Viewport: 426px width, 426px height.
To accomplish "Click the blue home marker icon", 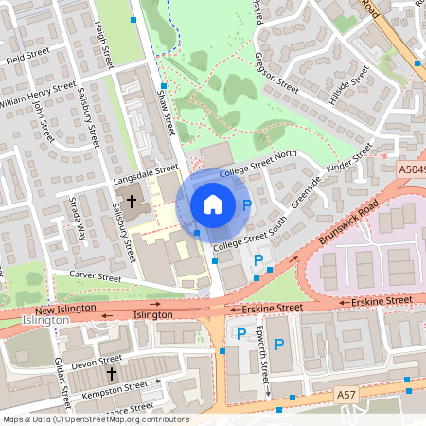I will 213,204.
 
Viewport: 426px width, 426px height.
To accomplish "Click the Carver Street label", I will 96,278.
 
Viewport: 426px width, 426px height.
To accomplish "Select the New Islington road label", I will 66,311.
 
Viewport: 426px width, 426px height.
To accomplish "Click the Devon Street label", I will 98,361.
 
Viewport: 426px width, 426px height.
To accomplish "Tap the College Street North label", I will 257,166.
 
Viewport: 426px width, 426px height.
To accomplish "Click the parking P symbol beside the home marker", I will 247,204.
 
